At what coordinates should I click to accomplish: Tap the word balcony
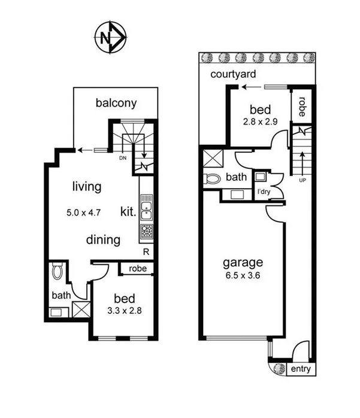(x=116, y=103)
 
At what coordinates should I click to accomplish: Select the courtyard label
(x=234, y=74)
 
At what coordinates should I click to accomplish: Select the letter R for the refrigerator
(x=146, y=252)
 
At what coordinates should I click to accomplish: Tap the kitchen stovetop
(x=146, y=232)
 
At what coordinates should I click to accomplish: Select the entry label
(x=300, y=369)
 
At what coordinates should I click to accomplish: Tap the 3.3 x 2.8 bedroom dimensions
(x=123, y=311)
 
